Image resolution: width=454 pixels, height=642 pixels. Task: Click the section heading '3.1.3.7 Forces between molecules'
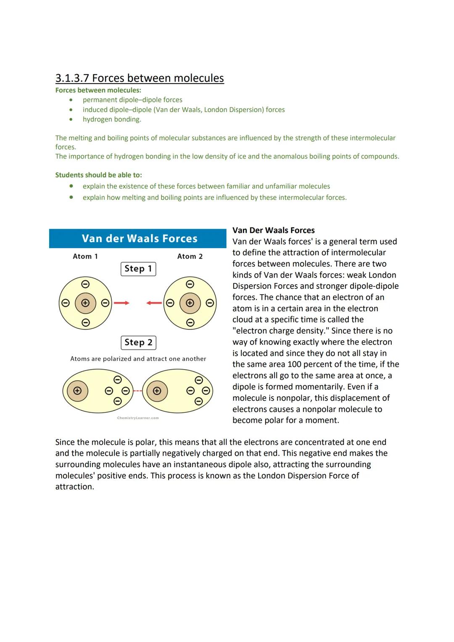click(x=139, y=78)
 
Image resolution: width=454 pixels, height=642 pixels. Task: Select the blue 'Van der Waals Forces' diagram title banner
click(x=138, y=238)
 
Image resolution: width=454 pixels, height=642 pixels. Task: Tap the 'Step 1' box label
click(x=138, y=269)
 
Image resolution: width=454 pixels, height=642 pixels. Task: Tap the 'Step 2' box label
click(x=138, y=342)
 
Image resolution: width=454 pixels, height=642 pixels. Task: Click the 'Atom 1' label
click(x=85, y=256)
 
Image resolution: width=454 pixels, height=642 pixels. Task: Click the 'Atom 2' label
click(x=190, y=256)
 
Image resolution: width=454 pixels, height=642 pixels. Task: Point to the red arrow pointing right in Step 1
click(x=121, y=303)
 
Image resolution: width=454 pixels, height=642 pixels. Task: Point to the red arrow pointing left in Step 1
click(x=154, y=303)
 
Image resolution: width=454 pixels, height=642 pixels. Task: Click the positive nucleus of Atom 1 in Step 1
click(x=85, y=303)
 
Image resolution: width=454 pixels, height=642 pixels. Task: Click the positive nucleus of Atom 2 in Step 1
click(x=190, y=303)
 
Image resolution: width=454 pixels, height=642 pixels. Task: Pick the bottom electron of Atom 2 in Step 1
click(x=190, y=322)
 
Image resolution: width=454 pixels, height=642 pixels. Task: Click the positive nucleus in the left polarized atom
click(x=77, y=391)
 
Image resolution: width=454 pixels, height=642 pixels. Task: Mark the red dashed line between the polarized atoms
click(x=137, y=391)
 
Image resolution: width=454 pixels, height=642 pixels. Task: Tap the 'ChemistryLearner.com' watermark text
click(x=138, y=418)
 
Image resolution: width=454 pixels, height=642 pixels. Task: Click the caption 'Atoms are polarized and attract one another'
click(x=138, y=359)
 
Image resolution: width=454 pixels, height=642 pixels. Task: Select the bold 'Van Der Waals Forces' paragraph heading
click(x=273, y=230)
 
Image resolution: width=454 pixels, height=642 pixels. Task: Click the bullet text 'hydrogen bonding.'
click(x=112, y=119)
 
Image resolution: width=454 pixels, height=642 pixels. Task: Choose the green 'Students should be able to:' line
click(x=98, y=175)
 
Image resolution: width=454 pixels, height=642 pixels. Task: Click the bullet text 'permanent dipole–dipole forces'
click(x=132, y=100)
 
